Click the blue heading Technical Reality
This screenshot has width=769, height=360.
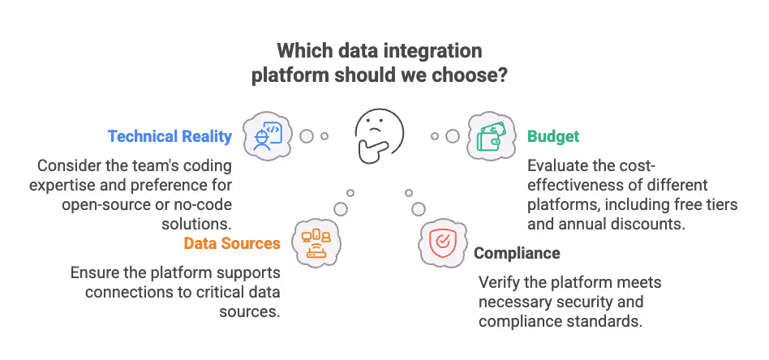(x=170, y=136)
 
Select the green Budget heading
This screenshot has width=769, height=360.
(x=553, y=136)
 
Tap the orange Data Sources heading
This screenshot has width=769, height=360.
(x=232, y=243)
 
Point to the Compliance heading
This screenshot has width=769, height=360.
(x=517, y=253)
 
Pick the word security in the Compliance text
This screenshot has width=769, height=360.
(x=590, y=302)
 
